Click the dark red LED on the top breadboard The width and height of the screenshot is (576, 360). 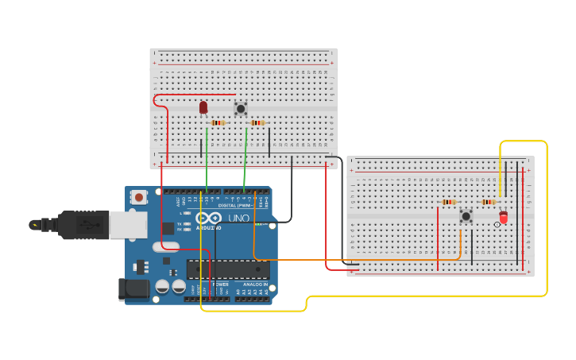[x=203, y=106]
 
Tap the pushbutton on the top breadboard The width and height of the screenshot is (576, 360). [x=241, y=108]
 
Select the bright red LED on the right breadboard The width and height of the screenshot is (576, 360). [x=503, y=217]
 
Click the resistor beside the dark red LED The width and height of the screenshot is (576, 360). [x=218, y=122]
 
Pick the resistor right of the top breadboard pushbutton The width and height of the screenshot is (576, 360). [x=257, y=122]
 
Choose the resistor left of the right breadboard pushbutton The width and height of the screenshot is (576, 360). [x=449, y=202]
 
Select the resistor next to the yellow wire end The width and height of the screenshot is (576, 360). [x=488, y=202]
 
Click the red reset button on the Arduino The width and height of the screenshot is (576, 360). [x=139, y=197]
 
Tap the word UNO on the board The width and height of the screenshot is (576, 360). [x=238, y=218]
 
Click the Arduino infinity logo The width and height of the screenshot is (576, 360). [x=209, y=218]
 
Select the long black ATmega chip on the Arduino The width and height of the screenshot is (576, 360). [x=227, y=269]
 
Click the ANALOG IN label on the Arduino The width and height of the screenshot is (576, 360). [x=254, y=285]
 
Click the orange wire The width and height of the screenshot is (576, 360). [x=358, y=259]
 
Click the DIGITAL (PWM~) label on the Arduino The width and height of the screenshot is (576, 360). [x=241, y=205]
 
